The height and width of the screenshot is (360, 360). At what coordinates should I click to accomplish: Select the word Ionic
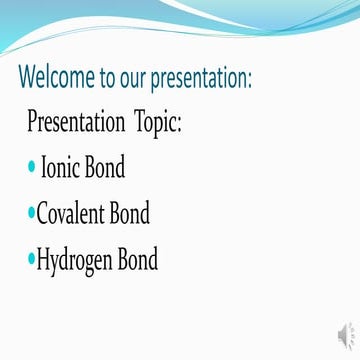pyautogui.click(x=62, y=168)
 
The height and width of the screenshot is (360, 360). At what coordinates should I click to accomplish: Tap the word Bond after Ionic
pyautogui.click(x=106, y=168)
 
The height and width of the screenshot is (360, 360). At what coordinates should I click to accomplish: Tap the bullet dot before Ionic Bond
pyautogui.click(x=32, y=168)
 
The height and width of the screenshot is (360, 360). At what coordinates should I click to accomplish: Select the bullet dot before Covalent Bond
pyautogui.click(x=31, y=214)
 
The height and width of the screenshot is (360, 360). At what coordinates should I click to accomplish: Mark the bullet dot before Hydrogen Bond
pyautogui.click(x=31, y=260)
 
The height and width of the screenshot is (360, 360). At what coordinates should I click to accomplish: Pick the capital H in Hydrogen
pyautogui.click(x=44, y=259)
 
